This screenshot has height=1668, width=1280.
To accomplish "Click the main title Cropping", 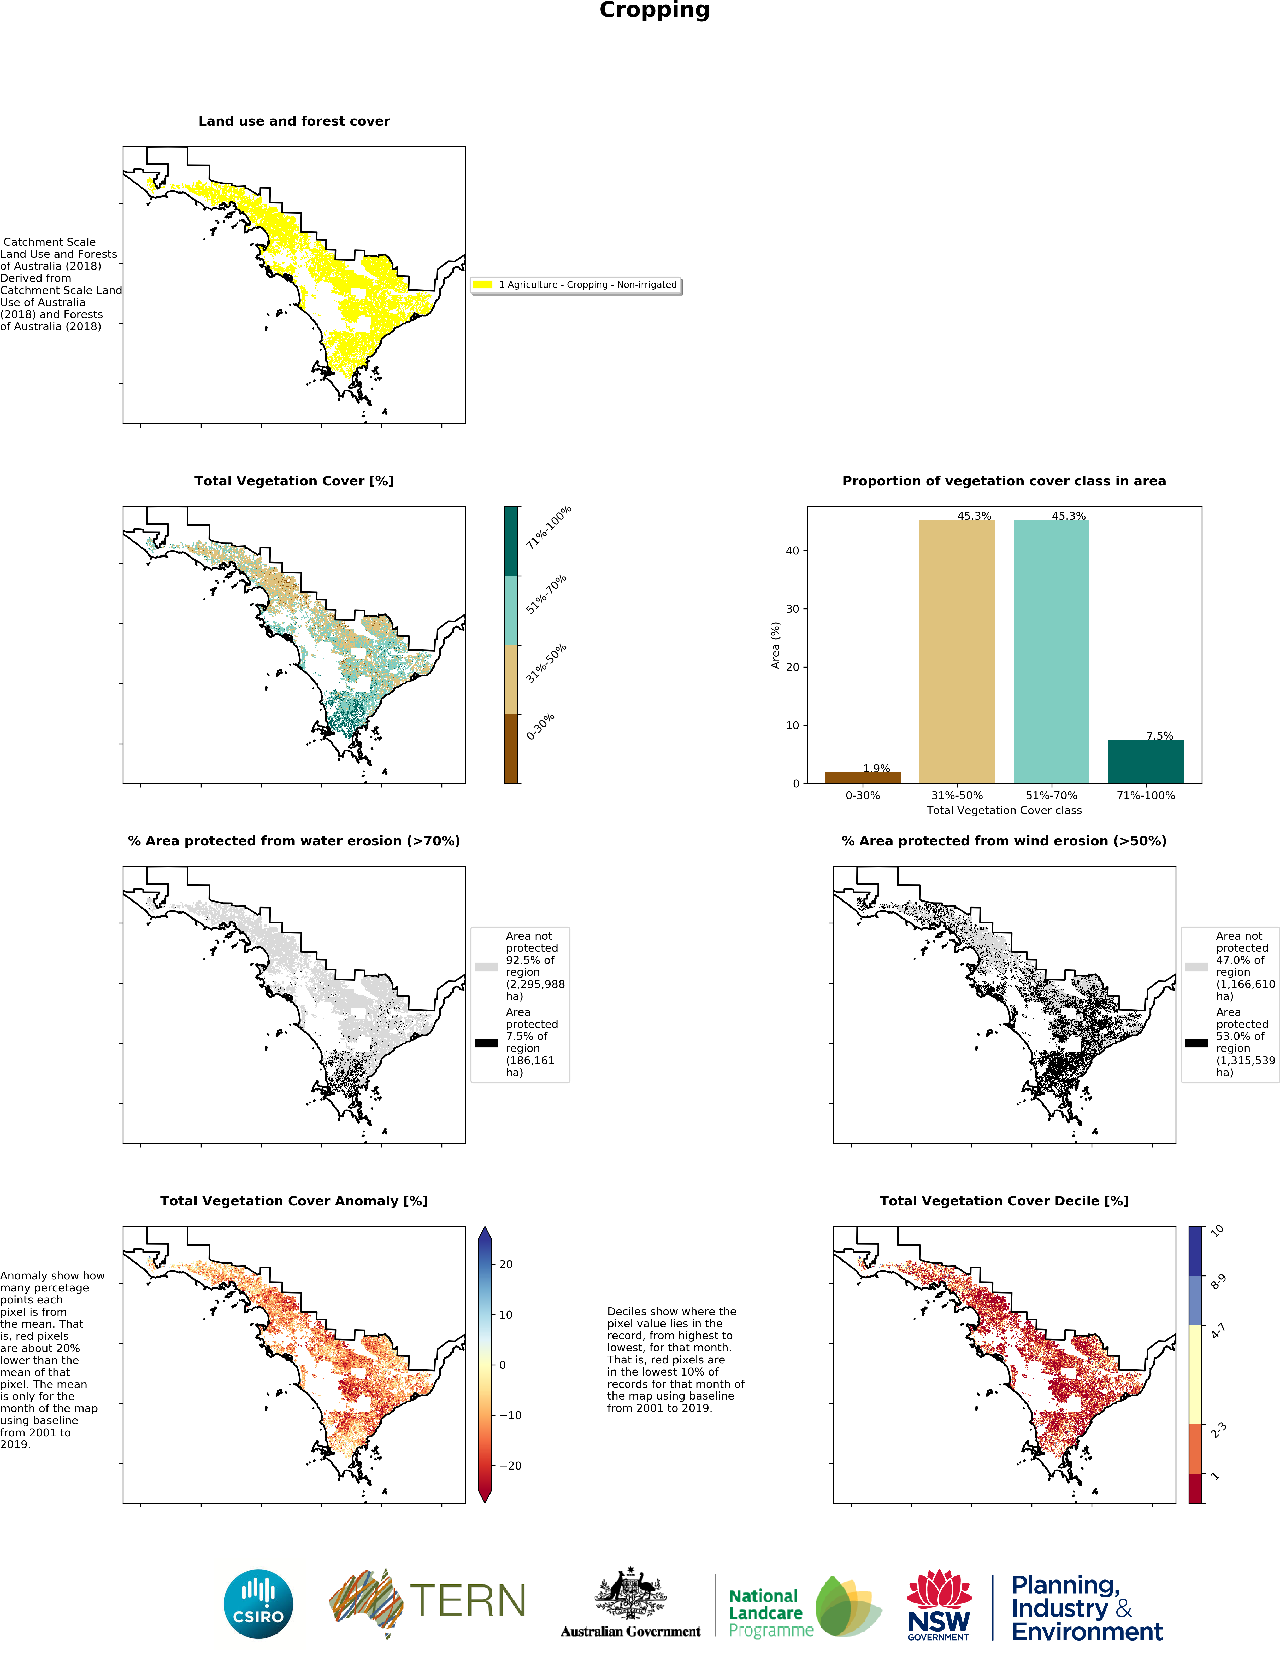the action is coord(654,11).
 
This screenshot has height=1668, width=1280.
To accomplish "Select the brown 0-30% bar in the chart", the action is coord(863,777).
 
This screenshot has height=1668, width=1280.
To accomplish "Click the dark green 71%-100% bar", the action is coord(1146,761).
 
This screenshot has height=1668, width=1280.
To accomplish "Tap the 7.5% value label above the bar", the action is coord(1160,735).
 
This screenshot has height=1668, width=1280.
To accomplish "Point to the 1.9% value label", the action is coord(876,768).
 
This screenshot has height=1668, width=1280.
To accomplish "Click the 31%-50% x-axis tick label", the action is coord(957,795).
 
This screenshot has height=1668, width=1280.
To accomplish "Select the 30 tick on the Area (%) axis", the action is coord(792,609).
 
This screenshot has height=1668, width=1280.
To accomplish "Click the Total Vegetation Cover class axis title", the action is coord(1004,810).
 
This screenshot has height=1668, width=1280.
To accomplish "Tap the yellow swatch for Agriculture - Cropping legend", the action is coord(483,284).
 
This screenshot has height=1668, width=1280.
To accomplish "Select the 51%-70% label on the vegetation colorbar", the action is coord(546,594).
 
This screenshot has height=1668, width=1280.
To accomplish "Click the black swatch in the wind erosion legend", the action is coord(1196,1043).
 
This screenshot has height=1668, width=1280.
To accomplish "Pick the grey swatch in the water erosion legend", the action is coord(486,966).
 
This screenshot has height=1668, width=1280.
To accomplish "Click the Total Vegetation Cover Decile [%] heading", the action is coord(1004,1201).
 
